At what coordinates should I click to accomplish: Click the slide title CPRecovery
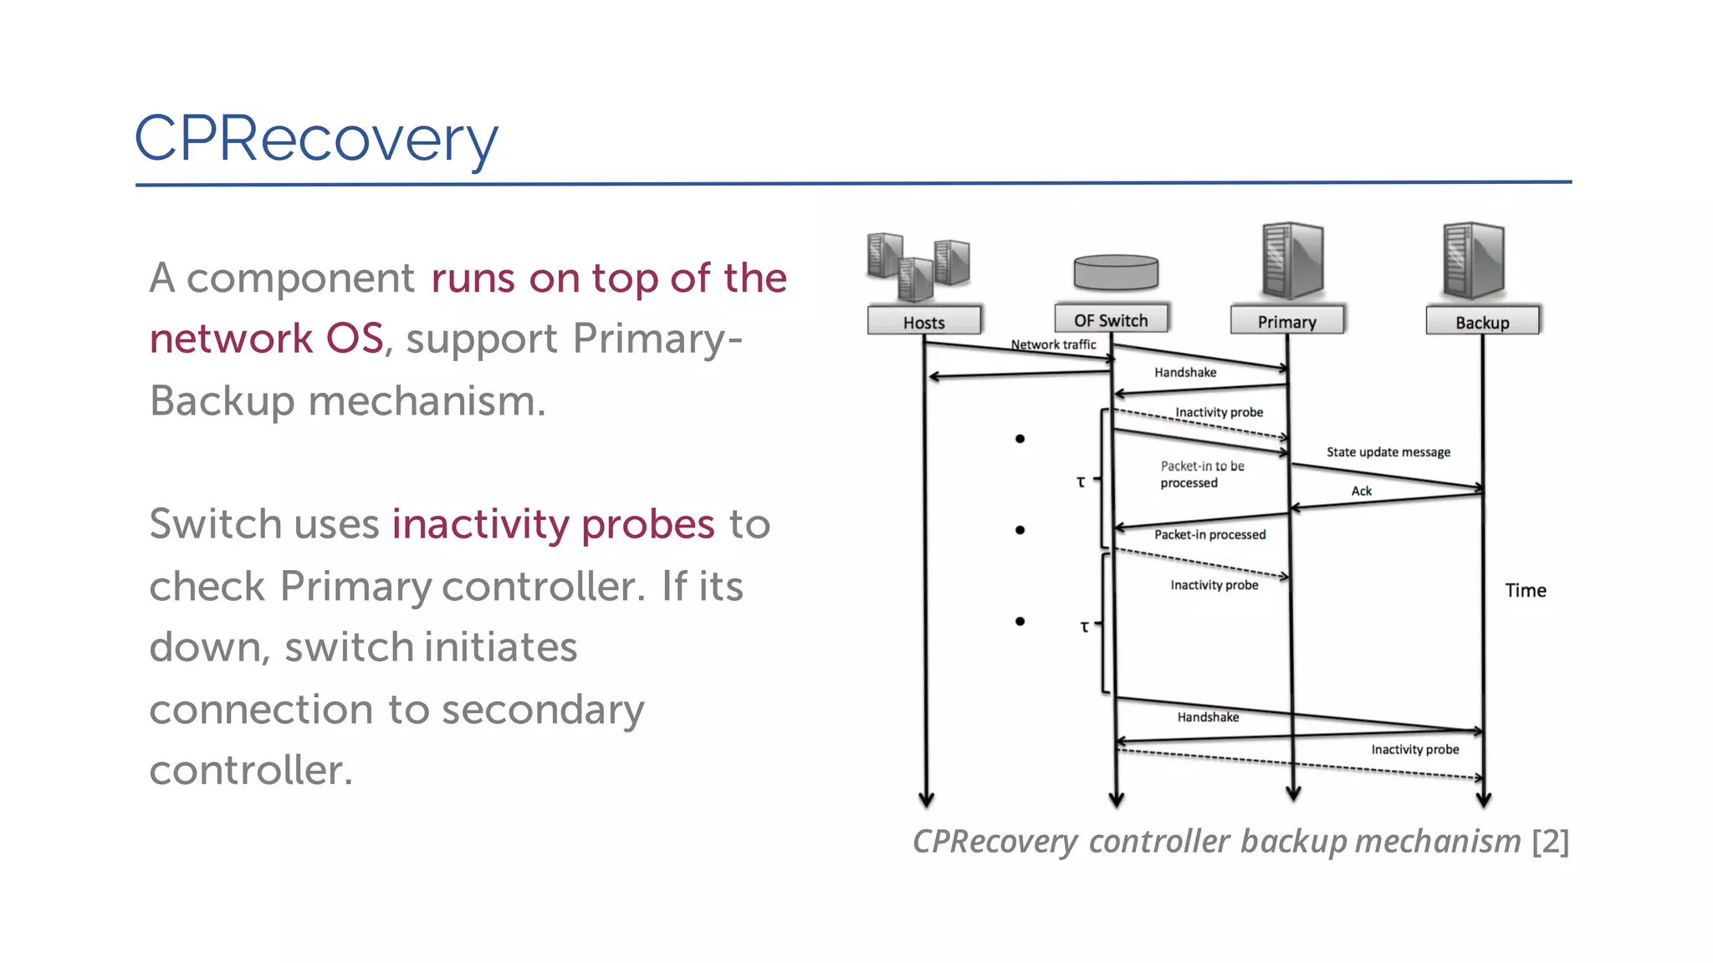click(x=316, y=139)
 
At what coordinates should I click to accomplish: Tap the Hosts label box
click(x=923, y=322)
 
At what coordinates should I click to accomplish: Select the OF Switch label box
click(x=1111, y=320)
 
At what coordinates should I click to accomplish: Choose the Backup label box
click(x=1482, y=322)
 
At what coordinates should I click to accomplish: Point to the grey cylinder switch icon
click(x=1116, y=272)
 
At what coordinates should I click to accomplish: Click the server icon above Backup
click(x=1474, y=261)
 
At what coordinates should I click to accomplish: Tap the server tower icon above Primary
click(x=1292, y=261)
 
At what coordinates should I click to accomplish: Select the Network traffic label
click(x=1053, y=344)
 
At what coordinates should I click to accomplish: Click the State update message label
click(x=1388, y=452)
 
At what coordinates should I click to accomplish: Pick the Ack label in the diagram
click(x=1361, y=492)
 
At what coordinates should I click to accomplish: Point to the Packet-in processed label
click(x=1209, y=535)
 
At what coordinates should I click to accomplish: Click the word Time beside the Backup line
click(x=1525, y=590)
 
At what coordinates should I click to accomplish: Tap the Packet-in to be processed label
click(x=1201, y=474)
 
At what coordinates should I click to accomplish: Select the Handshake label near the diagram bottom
click(x=1208, y=717)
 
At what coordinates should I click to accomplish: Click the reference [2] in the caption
click(x=1550, y=841)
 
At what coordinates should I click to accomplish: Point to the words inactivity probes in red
click(x=553, y=524)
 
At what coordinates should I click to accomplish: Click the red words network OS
click(x=266, y=339)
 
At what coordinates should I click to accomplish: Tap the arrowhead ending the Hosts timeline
click(x=926, y=800)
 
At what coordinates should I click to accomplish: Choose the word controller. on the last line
click(x=251, y=770)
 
